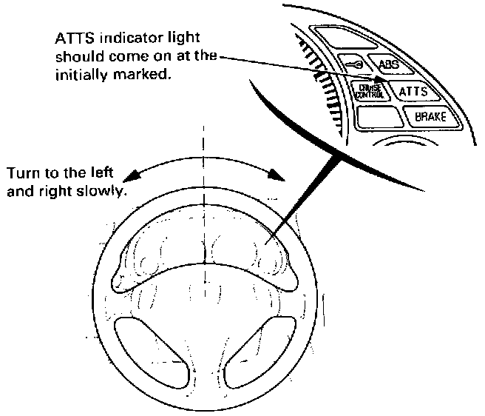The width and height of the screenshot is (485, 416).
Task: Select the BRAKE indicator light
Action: [x=430, y=116]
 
